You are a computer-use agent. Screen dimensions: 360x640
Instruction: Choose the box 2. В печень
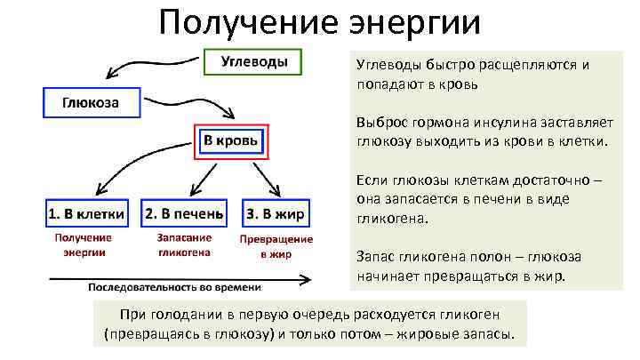pos(185,214)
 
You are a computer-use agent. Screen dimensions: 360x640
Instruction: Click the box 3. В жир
pos(276,214)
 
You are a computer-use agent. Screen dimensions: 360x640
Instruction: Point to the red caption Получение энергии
pos(84,244)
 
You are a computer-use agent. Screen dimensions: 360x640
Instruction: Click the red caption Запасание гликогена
pos(184,244)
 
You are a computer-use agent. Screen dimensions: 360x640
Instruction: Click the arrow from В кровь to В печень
pos(204,179)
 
